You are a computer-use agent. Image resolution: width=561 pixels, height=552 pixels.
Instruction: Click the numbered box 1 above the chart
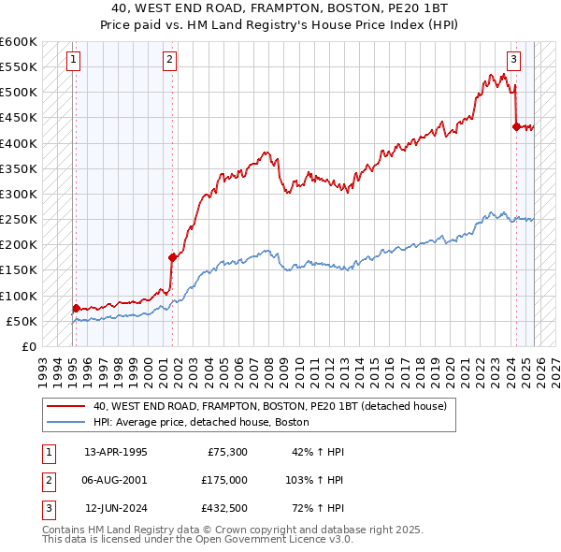click(x=74, y=60)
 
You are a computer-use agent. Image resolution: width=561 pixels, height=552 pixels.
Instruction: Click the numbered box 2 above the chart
click(x=169, y=60)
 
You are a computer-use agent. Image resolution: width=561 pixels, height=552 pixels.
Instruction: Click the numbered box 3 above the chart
click(x=513, y=60)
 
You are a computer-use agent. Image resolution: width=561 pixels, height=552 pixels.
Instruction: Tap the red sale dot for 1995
click(x=76, y=308)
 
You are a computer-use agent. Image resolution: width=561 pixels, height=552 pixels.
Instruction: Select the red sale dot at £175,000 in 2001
click(x=172, y=257)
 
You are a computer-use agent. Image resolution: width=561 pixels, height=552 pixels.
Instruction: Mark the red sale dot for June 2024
click(x=516, y=126)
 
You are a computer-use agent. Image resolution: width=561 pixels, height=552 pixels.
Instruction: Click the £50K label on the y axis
click(x=22, y=321)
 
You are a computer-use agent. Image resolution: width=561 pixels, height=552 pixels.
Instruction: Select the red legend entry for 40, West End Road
click(x=270, y=406)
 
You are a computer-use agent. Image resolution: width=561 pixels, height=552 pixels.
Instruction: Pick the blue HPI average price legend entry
click(x=200, y=422)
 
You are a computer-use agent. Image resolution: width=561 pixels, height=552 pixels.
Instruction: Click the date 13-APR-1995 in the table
click(x=116, y=452)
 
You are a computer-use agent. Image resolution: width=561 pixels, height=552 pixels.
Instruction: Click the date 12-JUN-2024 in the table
click(x=116, y=508)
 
